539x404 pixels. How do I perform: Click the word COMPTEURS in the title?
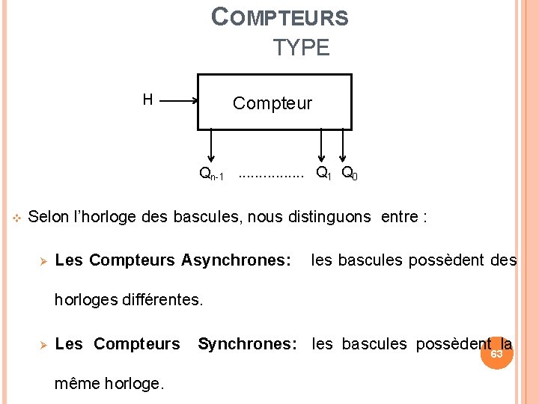pyautogui.click(x=280, y=16)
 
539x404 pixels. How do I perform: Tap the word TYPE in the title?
pyautogui.click(x=301, y=48)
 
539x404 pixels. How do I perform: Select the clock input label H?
pyautogui.click(x=147, y=100)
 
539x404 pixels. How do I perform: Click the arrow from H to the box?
pyautogui.click(x=178, y=101)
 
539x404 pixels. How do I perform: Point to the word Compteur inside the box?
pyautogui.click(x=272, y=103)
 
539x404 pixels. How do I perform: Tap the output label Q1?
pyautogui.click(x=323, y=174)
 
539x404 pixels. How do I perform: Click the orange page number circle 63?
pyautogui.click(x=496, y=354)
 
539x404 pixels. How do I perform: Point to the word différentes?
pyautogui.click(x=158, y=301)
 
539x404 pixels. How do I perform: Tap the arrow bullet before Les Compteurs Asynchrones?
pyautogui.click(x=43, y=261)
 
